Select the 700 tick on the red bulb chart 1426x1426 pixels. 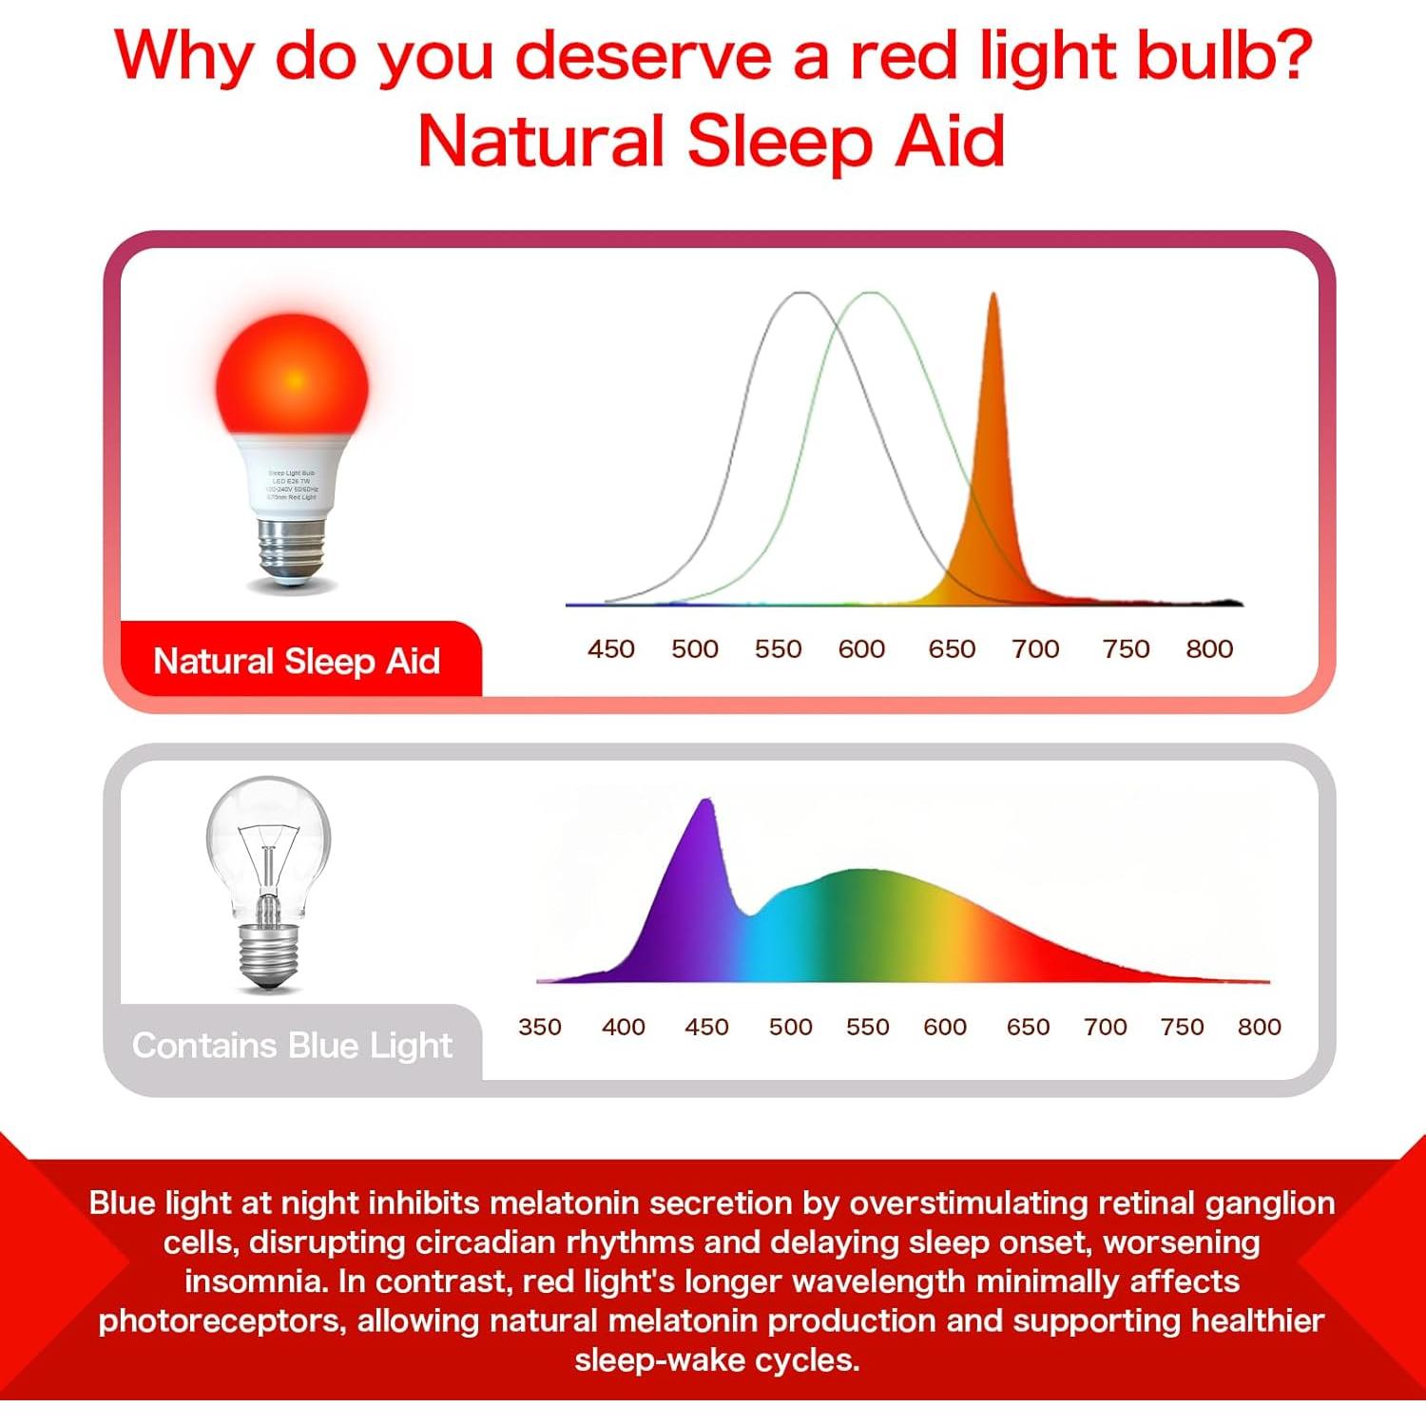click(1034, 649)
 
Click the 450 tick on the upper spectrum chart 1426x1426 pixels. click(610, 649)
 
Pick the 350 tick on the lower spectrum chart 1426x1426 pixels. click(539, 1027)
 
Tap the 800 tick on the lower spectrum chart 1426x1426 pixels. click(1259, 1027)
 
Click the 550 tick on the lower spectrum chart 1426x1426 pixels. click(867, 1027)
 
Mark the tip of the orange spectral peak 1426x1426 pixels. click(993, 295)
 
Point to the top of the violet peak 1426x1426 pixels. click(705, 801)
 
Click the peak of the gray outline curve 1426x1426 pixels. click(801, 293)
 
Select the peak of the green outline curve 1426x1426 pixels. click(872, 293)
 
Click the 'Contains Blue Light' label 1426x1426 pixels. click(292, 1046)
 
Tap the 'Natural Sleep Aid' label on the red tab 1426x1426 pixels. click(297, 661)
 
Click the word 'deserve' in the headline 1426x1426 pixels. click(644, 57)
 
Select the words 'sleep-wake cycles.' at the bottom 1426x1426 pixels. click(717, 1360)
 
